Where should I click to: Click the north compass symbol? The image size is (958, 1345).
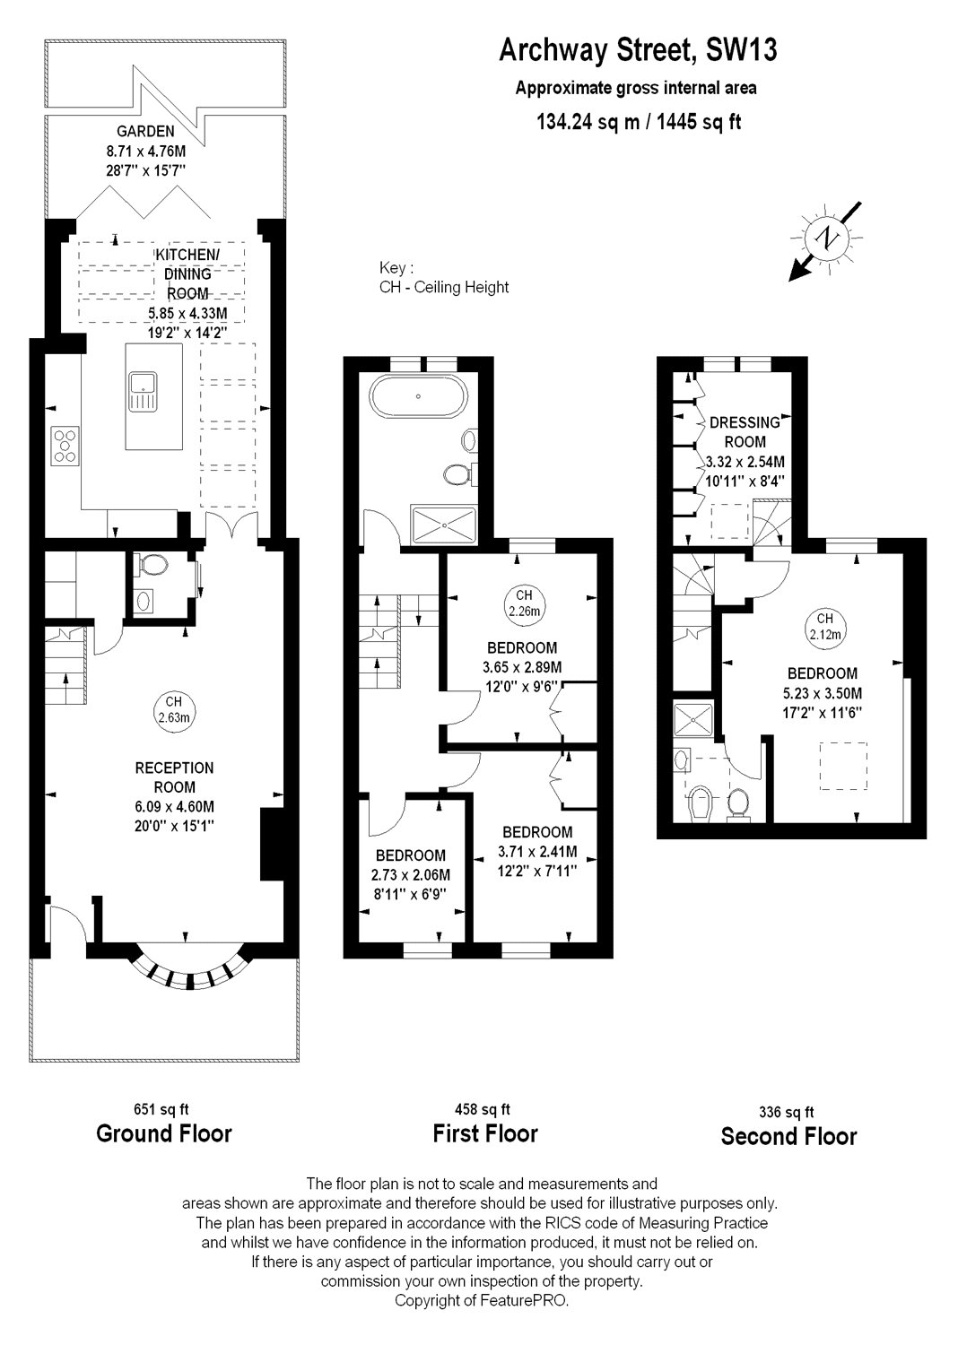(828, 239)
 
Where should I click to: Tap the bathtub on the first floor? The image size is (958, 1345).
(418, 396)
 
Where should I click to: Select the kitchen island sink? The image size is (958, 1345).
(143, 391)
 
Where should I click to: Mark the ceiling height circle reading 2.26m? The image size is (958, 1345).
(524, 603)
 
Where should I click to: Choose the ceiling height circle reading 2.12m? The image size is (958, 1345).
(824, 626)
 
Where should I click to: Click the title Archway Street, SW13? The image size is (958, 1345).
(638, 50)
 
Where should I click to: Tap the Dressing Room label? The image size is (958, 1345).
(745, 431)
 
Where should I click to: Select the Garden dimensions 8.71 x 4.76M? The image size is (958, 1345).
(145, 152)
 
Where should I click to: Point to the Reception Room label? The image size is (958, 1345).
(174, 777)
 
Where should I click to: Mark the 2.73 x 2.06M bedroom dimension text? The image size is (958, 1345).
(412, 875)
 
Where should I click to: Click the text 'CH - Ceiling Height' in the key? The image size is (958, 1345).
(444, 287)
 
